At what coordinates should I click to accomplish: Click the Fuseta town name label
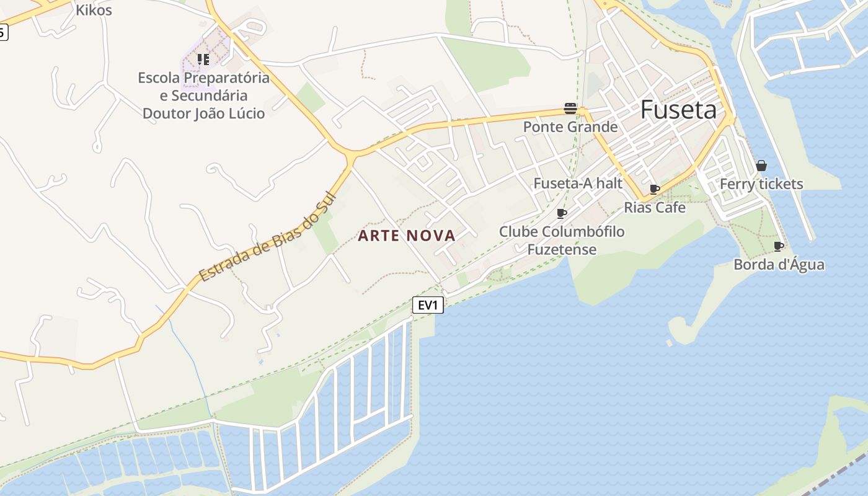coord(678,110)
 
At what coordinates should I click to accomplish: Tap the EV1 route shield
coord(428,304)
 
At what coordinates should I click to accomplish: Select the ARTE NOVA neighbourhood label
coord(407,236)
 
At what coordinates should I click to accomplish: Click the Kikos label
coord(94,10)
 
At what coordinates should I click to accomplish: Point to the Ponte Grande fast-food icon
coord(570,108)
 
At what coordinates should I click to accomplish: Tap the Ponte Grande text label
coord(570,127)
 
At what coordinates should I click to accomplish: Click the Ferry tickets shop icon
coord(761,166)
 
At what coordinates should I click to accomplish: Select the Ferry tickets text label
coord(761,184)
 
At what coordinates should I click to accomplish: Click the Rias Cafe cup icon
coord(655,189)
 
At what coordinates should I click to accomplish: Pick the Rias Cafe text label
coord(655,207)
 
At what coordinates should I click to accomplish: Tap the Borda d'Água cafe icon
coord(779,246)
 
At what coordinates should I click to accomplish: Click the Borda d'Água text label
coord(779,265)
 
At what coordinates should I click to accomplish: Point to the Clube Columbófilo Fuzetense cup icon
coord(562,213)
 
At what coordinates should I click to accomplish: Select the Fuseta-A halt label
coord(578,184)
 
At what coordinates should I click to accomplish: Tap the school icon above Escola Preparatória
coord(203,60)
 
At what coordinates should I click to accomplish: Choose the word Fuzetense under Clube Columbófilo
coord(562,250)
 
